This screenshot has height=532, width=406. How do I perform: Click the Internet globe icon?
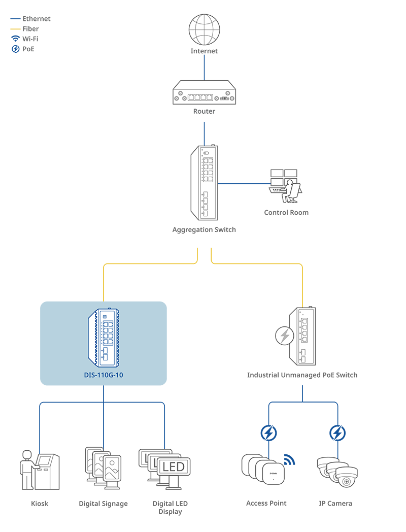point(204,29)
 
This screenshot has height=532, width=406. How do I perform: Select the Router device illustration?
point(204,92)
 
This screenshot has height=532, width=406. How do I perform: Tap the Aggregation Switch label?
point(204,229)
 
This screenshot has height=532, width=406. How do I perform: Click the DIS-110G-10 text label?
point(104,375)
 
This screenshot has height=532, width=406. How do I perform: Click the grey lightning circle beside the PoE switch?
point(285,336)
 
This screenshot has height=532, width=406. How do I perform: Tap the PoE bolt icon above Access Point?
point(268,433)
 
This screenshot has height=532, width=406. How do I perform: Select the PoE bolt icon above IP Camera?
point(337,433)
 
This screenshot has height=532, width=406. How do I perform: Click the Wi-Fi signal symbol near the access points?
point(289,459)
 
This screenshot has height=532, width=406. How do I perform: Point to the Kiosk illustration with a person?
point(40,470)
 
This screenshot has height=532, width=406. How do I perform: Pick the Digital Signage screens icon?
point(103,468)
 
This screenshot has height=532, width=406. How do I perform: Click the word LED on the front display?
point(174,467)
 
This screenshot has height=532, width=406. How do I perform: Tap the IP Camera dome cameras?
point(337,472)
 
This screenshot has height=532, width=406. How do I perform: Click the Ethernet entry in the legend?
point(30,19)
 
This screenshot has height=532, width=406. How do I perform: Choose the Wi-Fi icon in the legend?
point(16,39)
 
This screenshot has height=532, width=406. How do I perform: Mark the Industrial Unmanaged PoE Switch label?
point(302,375)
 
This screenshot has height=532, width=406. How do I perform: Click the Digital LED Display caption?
point(170,508)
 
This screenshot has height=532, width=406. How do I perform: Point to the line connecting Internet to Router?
point(204,68)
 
